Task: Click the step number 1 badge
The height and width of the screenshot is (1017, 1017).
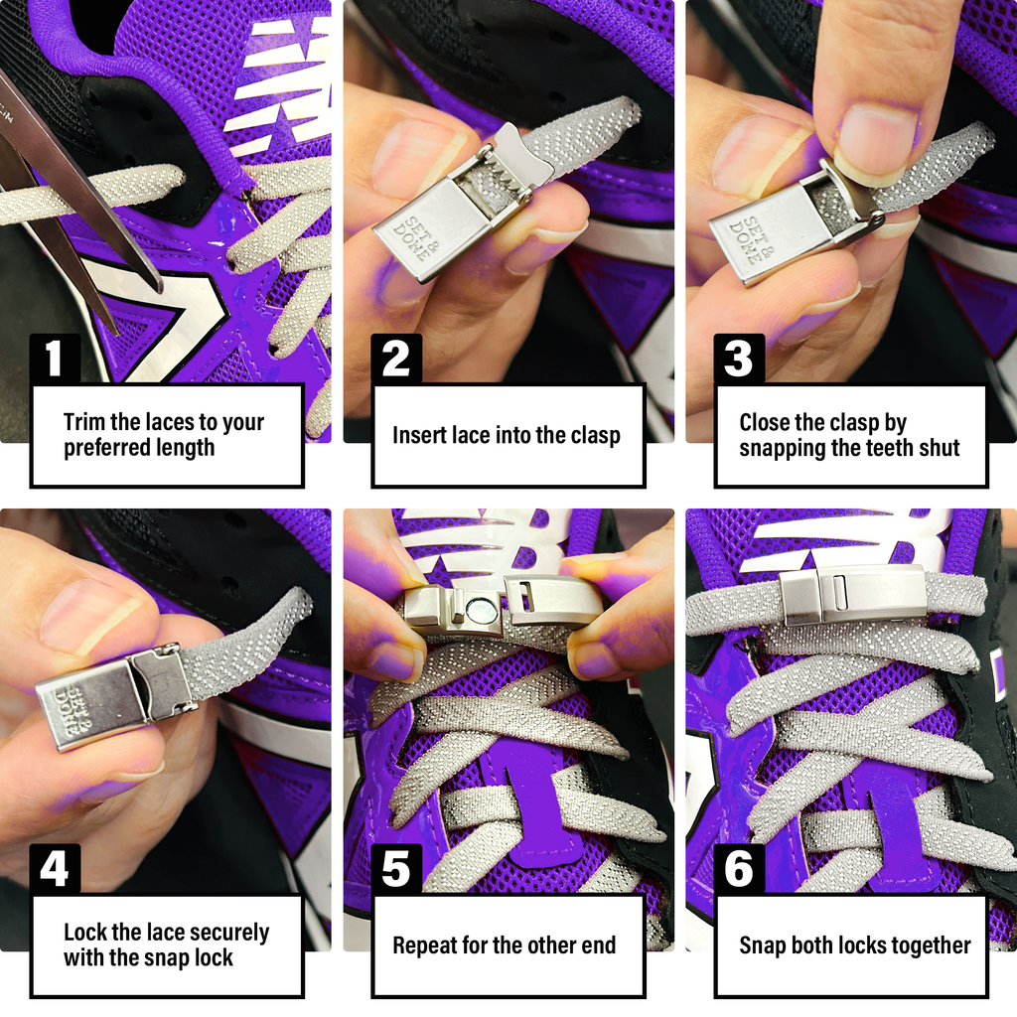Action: tap(55, 359)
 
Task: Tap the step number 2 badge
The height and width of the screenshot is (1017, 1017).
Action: tap(396, 359)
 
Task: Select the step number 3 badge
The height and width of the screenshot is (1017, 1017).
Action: tap(739, 359)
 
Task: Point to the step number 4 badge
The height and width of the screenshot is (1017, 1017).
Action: tap(55, 869)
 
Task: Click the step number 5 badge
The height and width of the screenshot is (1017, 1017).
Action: tap(396, 869)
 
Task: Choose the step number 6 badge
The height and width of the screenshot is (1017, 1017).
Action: tap(739, 869)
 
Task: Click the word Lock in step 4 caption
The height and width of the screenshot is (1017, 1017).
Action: tap(84, 933)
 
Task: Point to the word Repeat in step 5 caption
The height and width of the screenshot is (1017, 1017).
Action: tap(426, 945)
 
